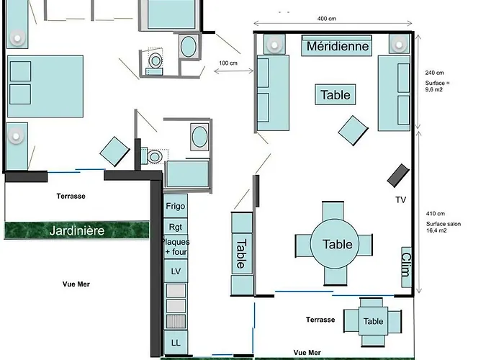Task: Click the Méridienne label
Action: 338,46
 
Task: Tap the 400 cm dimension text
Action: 327,19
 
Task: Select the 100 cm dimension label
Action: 228,63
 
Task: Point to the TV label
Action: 401,200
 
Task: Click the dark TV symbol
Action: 398,176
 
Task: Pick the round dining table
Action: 334,243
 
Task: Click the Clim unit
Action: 407,267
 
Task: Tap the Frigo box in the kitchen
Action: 176,206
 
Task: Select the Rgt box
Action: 176,227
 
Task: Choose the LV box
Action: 176,271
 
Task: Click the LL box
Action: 176,343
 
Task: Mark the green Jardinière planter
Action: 77,230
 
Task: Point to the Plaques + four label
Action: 176,247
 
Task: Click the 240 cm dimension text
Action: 434,73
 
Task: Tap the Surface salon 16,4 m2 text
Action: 444,228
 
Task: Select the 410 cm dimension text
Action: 435,214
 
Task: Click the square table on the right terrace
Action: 373,321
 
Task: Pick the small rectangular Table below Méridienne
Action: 336,94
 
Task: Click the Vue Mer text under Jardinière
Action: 76,284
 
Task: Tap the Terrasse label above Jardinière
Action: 71,196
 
